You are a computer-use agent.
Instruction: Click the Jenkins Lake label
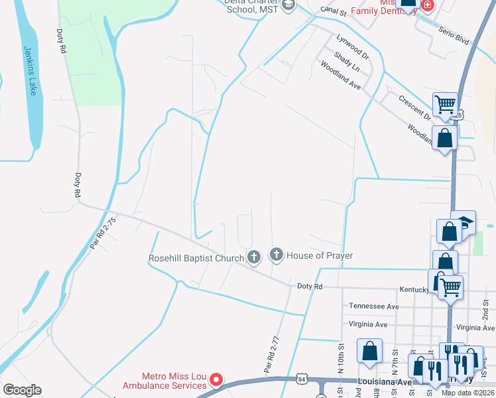click(31, 70)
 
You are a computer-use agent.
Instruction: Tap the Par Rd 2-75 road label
click(103, 233)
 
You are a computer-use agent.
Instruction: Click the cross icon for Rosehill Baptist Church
click(253, 256)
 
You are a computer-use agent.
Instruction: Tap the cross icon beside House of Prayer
click(276, 255)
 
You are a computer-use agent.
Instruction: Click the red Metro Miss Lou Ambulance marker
click(216, 380)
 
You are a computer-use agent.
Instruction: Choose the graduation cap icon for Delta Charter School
click(288, 5)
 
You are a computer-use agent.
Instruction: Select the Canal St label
click(333, 11)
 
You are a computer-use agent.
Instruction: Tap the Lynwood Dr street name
click(351, 44)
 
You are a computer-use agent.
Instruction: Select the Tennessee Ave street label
click(374, 306)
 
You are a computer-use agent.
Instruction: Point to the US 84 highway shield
click(302, 379)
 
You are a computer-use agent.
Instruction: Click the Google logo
click(21, 390)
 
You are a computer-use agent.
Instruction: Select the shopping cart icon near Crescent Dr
click(445, 103)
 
